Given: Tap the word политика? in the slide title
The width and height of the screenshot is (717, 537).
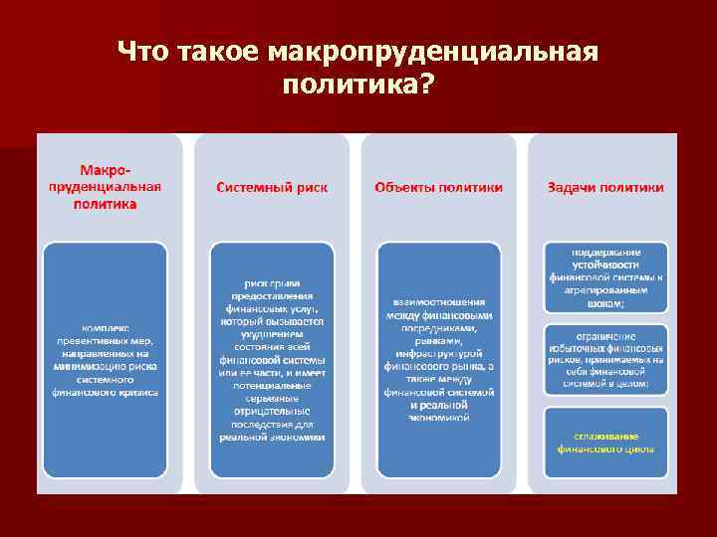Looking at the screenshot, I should point(358,87).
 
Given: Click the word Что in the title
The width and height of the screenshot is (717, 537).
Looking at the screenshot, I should point(143,52).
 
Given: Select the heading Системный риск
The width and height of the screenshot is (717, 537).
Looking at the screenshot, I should point(272,187).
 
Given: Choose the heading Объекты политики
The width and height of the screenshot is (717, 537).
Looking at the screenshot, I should point(438,187).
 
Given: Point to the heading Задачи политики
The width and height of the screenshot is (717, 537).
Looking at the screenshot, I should point(605,187).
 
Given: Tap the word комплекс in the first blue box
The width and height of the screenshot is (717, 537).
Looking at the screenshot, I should point(106,327).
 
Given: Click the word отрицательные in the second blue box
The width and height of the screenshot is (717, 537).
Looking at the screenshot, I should point(272,410).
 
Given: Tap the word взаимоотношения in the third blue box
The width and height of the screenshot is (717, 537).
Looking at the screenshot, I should point(439,301).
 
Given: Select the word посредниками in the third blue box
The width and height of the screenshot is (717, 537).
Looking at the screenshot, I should point(439,327).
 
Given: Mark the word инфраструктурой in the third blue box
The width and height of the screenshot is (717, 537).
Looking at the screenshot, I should point(439,353).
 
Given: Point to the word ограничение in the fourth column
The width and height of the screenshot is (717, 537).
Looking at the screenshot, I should point(605,335).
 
